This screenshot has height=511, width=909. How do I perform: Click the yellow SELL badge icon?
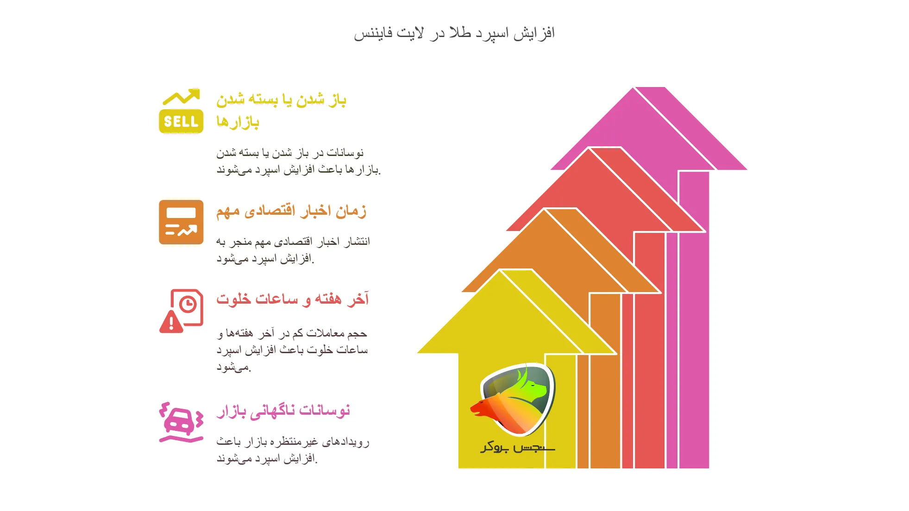[x=181, y=121]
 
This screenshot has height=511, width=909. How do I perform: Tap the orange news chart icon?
[x=181, y=222]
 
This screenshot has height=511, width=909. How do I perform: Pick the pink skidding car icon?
[x=181, y=422]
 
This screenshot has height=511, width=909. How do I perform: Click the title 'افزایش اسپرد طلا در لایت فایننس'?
[x=454, y=33]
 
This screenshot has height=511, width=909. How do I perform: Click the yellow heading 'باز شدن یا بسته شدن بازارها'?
[x=281, y=110]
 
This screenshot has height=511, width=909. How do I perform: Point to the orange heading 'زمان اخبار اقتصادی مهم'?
[x=291, y=211]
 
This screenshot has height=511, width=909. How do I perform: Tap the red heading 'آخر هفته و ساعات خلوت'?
[x=293, y=299]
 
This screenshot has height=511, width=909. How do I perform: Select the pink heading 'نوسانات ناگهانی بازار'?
[x=283, y=411]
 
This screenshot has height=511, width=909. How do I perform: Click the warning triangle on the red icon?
[x=171, y=322]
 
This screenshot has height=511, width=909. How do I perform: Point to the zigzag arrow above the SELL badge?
[x=182, y=97]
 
